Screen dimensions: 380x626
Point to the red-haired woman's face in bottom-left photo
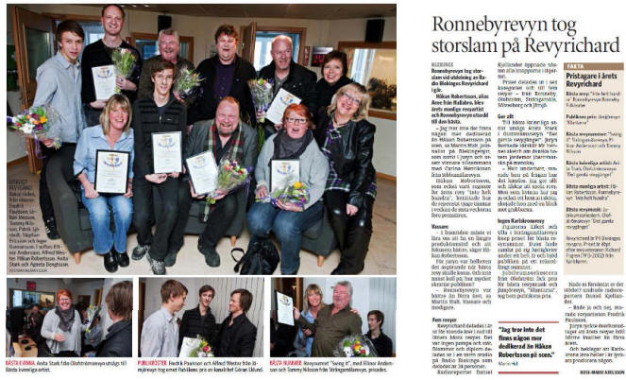[63, 302]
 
